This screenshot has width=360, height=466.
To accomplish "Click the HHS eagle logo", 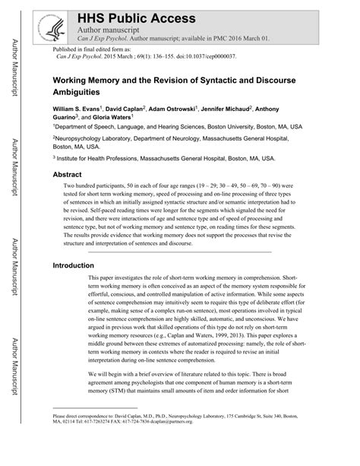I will pyautogui.click(x=55, y=26).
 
